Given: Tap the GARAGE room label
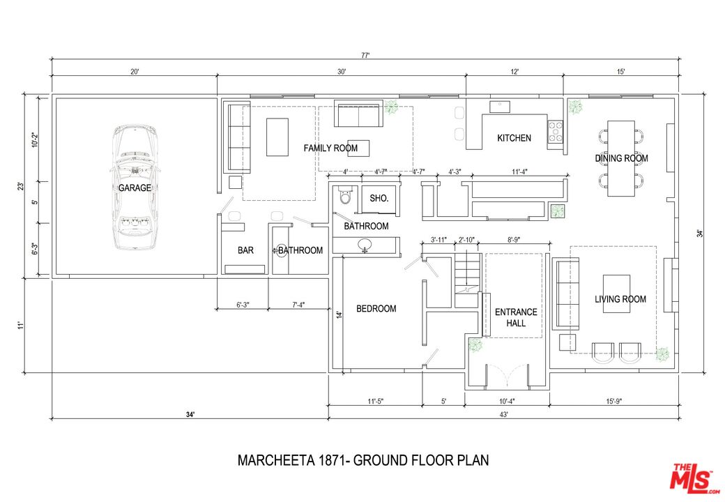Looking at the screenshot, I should coord(135,188).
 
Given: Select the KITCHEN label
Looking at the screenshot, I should coord(514,138).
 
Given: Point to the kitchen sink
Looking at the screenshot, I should coord(499,107).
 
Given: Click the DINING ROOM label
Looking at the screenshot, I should coord(621,158).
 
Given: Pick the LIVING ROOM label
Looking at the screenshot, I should coord(620,299).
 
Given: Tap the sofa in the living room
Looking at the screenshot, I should coord(565,294).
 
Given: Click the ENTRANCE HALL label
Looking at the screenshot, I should coord(516,317).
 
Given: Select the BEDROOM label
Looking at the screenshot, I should coord(376,309).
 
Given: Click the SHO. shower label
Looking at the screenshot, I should coord(379,198).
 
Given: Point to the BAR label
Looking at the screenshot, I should coord(245,250).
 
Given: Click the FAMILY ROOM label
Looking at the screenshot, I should coord(330,148).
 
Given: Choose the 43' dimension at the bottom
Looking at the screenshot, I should coord(503,414).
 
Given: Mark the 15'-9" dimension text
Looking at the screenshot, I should coord(613,401).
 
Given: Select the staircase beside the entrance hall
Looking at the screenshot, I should coord(468,273).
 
